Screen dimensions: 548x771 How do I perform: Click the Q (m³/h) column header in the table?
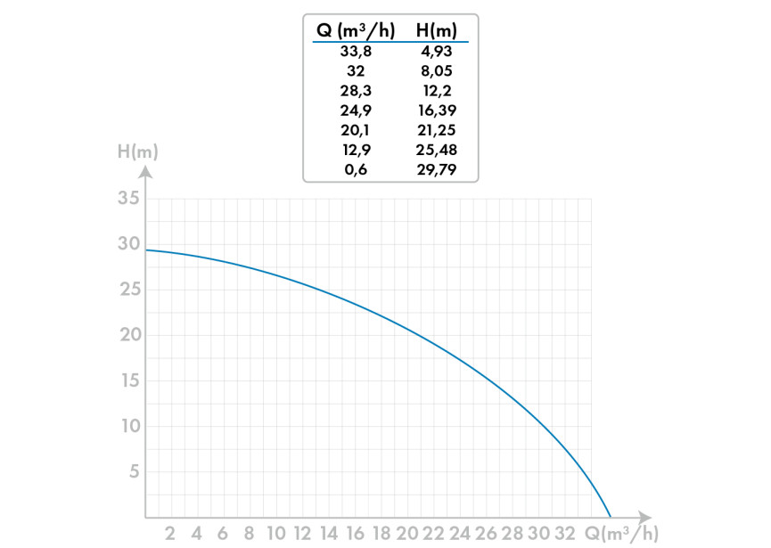[356, 31]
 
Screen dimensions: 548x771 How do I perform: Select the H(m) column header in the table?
[437, 31]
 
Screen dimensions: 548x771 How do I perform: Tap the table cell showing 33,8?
[356, 52]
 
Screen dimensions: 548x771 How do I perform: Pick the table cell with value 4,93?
[437, 52]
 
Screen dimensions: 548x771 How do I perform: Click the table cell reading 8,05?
[437, 71]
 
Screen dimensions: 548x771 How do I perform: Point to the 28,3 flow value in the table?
[356, 91]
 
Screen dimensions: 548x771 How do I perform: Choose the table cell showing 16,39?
[437, 110]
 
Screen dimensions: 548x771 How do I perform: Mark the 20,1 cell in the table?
[356, 130]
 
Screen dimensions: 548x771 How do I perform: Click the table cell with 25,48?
[437, 150]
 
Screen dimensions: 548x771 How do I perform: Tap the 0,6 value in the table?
[356, 169]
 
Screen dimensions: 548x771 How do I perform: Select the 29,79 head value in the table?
[437, 169]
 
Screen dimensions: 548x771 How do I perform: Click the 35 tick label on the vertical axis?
[129, 198]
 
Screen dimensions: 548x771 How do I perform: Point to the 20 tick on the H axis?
[129, 335]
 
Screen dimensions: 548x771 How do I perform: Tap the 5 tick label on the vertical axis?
[135, 471]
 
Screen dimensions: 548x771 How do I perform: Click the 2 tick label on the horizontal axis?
[170, 534]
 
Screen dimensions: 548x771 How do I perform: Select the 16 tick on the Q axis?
[355, 534]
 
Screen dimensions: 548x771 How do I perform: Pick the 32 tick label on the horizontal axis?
[565, 534]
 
